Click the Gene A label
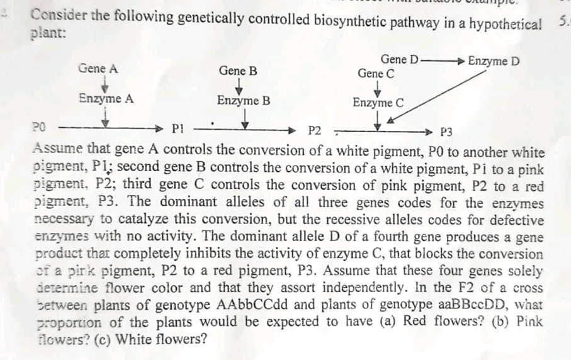tap(98, 69)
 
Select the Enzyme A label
tap(106, 99)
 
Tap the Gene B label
tap(238, 70)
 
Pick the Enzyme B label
tap(244, 101)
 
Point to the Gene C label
tap(376, 74)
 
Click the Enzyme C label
tap(378, 103)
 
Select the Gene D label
tap(399, 60)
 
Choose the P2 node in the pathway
tap(315, 132)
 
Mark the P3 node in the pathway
tap(446, 132)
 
